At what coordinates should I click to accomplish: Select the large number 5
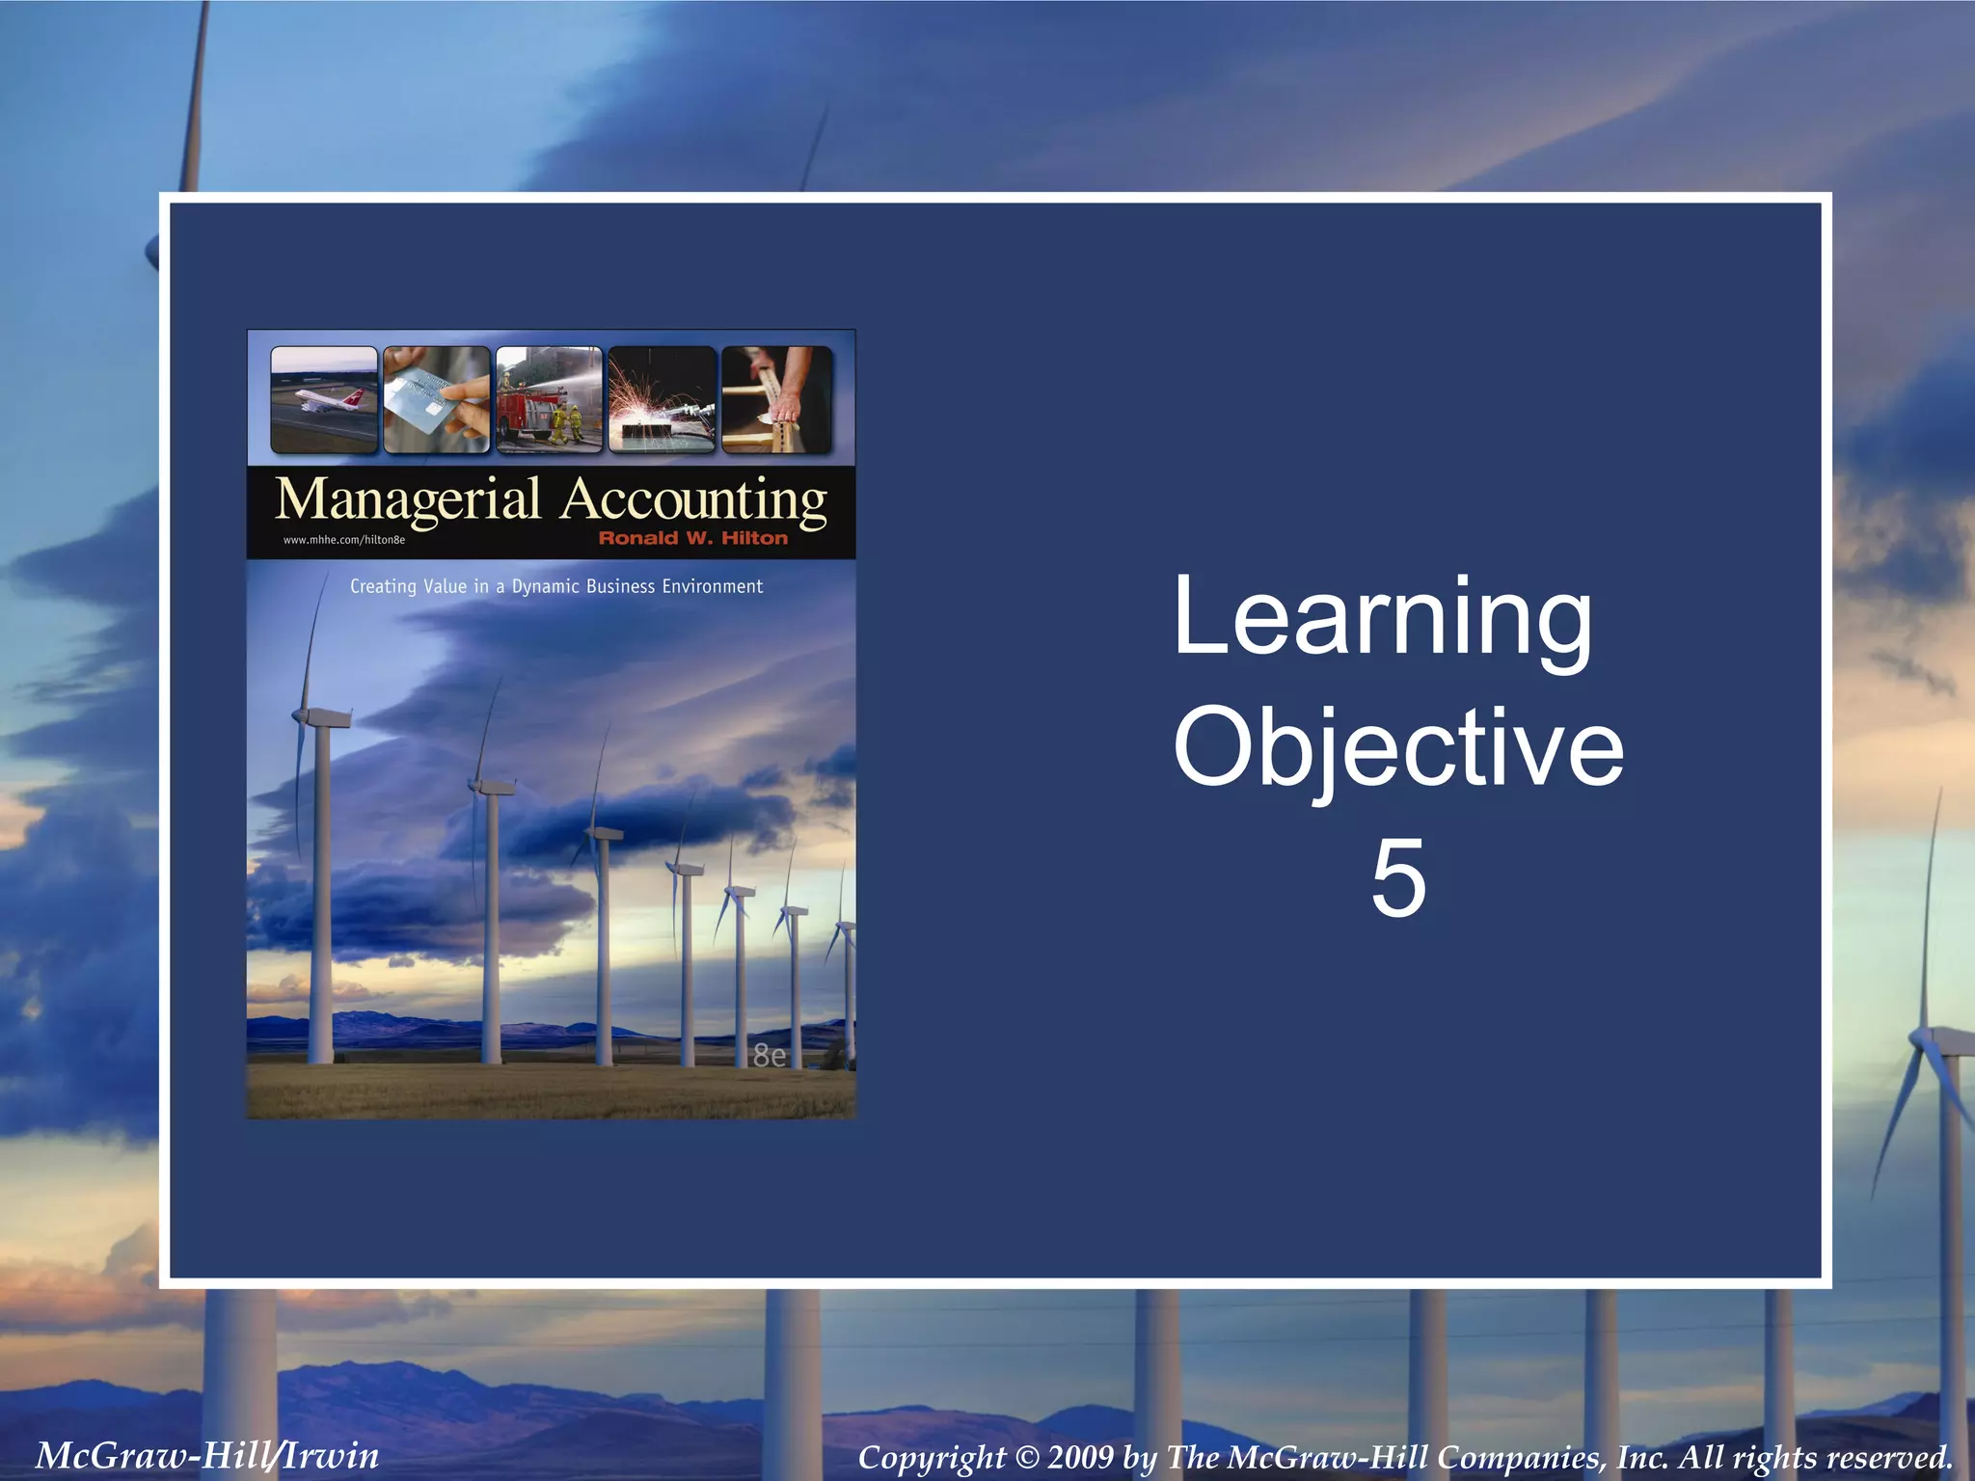coord(1397,877)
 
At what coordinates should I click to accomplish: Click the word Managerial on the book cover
coord(408,500)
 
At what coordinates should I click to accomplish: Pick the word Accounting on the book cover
coord(693,500)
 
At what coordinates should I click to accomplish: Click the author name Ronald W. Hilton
coord(692,538)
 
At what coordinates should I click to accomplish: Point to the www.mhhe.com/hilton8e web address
coord(343,540)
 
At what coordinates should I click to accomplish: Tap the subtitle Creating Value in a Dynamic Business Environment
coord(555,586)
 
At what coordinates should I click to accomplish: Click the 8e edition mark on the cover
coord(769,1057)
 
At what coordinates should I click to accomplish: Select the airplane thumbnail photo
coord(324,399)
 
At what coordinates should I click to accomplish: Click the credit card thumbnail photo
coord(436,399)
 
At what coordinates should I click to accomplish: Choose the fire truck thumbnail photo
coord(549,399)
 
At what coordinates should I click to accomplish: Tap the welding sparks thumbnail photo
coord(662,399)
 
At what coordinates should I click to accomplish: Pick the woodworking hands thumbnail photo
coord(776,399)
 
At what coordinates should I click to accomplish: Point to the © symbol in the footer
coord(1025,1457)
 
